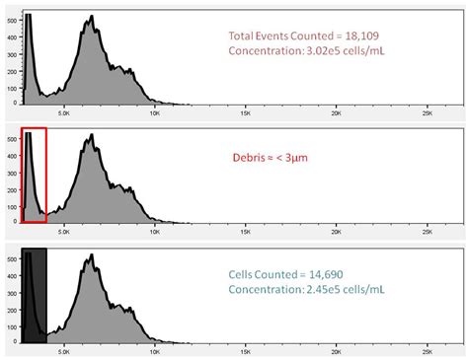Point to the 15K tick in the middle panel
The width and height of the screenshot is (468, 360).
(x=245, y=233)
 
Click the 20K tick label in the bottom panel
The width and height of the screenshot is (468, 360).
(x=337, y=351)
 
